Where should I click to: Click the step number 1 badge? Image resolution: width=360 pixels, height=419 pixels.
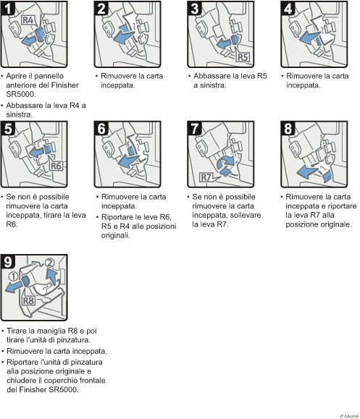coord(9,9)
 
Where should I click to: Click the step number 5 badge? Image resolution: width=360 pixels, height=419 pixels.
coord(9,127)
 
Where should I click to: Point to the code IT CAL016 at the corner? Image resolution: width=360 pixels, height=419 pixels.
coord(348,415)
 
